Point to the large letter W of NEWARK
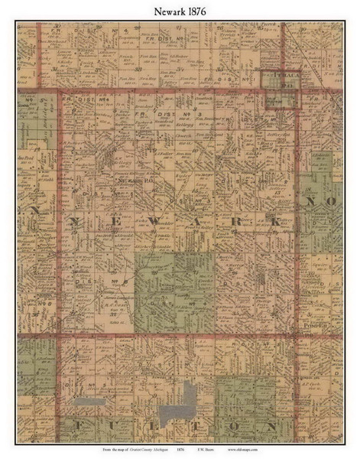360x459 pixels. click(x=123, y=220)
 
